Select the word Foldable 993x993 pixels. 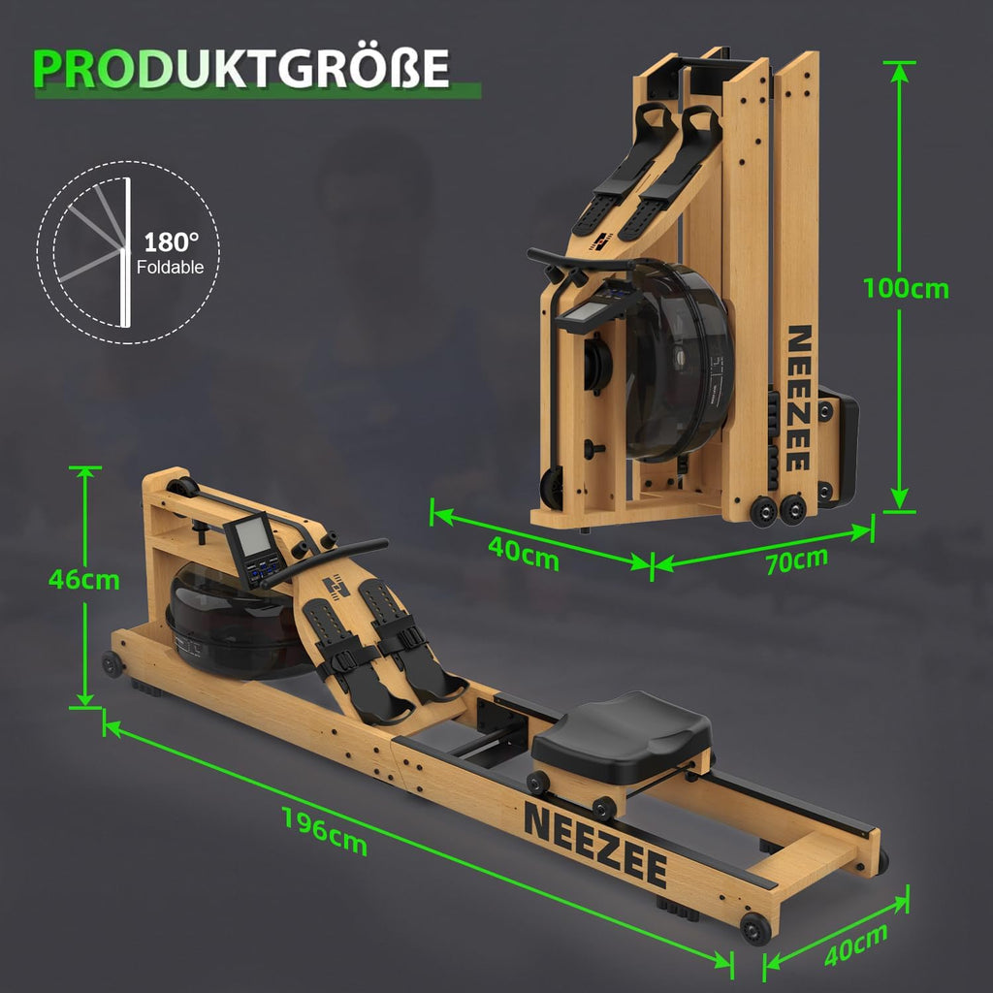click(171, 268)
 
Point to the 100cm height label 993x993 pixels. click(907, 288)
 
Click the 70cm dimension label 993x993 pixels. click(796, 561)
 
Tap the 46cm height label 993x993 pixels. click(84, 580)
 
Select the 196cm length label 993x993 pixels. click(325, 830)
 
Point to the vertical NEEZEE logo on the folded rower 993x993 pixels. click(798, 398)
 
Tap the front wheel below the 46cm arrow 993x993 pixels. click(112, 664)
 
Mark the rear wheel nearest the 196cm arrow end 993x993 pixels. click(755, 927)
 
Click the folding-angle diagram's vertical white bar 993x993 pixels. click(126, 254)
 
